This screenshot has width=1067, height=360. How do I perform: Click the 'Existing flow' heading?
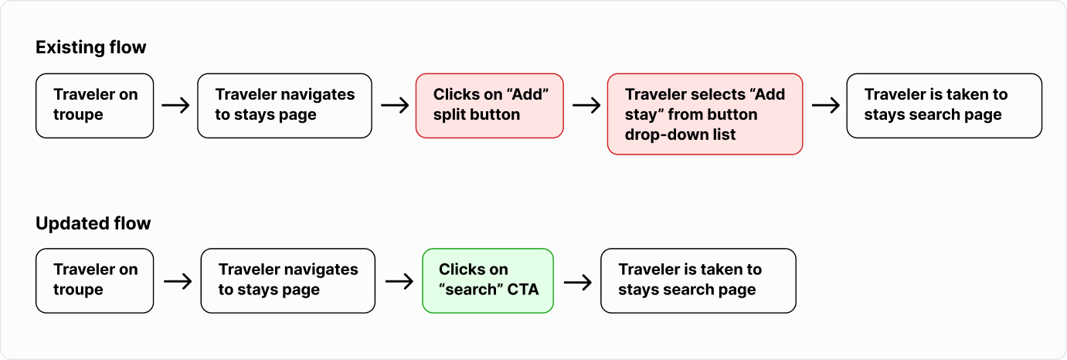tap(90, 47)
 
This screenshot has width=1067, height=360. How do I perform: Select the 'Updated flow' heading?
tap(93, 223)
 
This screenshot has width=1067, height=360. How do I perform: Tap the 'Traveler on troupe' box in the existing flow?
tap(95, 106)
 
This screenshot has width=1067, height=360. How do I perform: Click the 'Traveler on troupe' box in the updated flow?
tap(95, 281)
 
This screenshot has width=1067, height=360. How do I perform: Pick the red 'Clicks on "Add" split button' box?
tap(490, 106)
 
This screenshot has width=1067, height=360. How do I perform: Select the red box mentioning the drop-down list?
tap(705, 114)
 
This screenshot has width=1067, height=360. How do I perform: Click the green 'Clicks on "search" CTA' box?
tap(488, 281)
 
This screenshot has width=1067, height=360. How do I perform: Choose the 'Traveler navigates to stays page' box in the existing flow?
tap(285, 106)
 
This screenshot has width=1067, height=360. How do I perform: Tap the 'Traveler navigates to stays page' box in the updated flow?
tap(287, 281)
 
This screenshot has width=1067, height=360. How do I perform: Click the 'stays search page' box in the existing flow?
tap(944, 106)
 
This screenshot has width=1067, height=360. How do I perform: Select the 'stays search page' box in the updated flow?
tap(698, 281)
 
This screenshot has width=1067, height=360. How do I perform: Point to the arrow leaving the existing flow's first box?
tap(175, 105)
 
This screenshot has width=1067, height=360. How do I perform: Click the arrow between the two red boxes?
tap(586, 105)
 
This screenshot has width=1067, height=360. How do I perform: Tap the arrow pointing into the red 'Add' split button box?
tap(395, 105)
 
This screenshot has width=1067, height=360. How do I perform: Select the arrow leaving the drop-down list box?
tap(825, 105)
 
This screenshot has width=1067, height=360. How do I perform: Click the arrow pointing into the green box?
tap(399, 281)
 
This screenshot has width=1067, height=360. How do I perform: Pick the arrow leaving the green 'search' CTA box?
tap(578, 283)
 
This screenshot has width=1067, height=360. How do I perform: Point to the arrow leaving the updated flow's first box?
tap(178, 281)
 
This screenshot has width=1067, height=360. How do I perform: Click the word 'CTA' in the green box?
tap(522, 290)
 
